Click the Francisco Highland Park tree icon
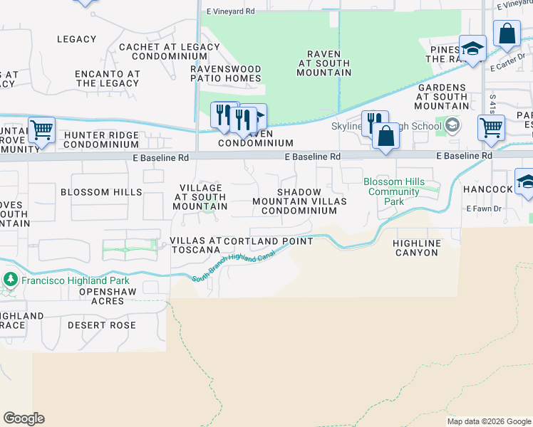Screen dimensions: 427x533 [10, 280]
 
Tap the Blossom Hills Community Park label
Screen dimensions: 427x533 [394, 191]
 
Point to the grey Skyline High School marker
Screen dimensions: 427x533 [452, 127]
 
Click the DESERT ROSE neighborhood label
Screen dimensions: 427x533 [102, 325]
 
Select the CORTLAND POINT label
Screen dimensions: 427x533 [269, 241]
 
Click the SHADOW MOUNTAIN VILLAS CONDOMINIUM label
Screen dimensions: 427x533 [299, 201]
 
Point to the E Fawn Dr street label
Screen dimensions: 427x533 [485, 209]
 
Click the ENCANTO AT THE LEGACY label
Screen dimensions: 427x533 [108, 78]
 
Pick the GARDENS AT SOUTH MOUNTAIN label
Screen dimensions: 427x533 [442, 97]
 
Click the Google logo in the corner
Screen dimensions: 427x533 [24, 418]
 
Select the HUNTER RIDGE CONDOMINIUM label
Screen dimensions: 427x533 [101, 139]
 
